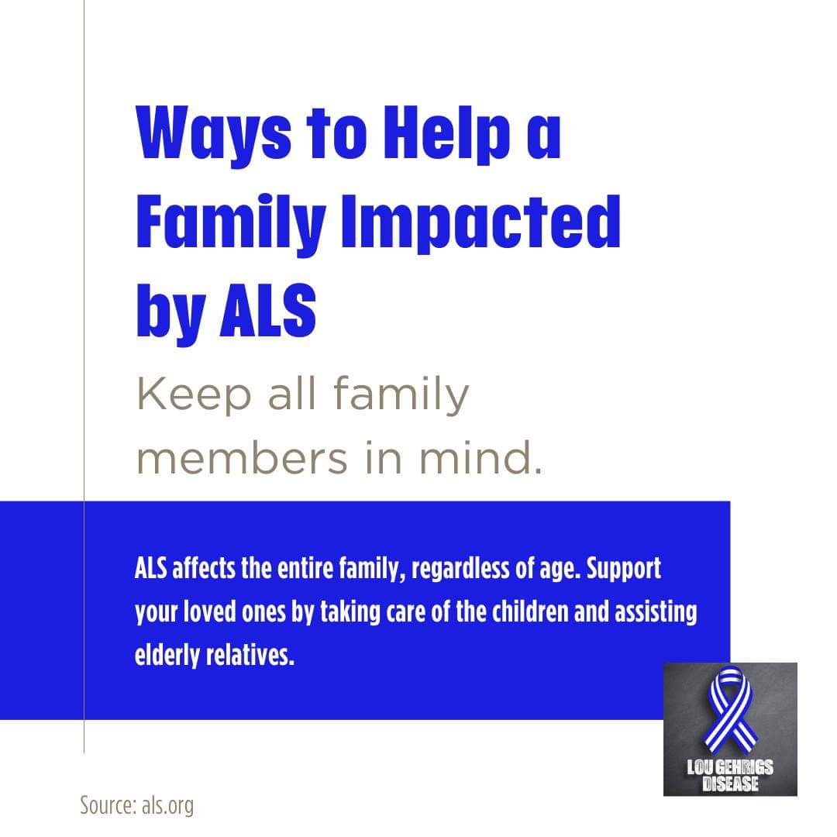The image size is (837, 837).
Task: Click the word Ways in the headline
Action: [214, 133]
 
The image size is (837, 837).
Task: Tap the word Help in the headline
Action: [447, 133]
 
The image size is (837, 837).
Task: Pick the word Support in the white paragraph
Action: [623, 569]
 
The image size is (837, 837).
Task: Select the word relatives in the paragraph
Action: [250, 655]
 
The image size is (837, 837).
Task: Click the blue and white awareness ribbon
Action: [730, 709]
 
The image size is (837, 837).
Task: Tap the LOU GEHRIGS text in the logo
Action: [730, 767]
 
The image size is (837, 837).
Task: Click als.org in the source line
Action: [167, 805]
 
